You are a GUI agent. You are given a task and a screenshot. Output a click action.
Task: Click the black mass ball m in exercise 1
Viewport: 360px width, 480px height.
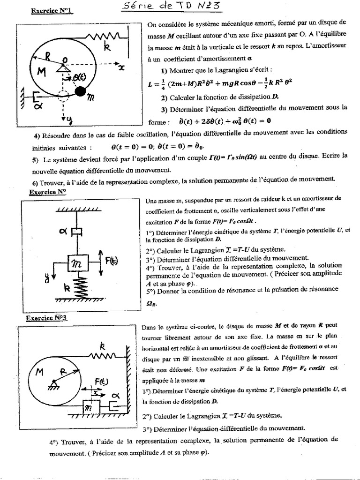[x=81, y=90]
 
